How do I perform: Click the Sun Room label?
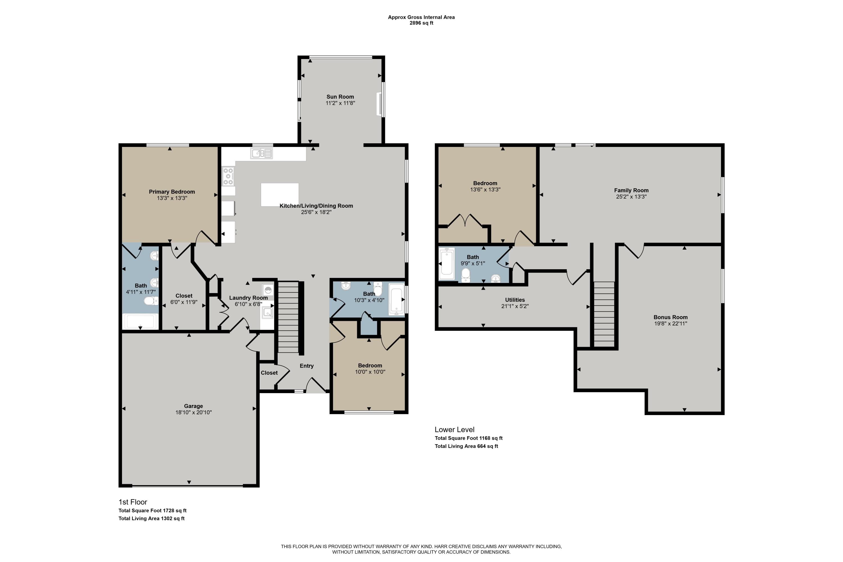click(340, 97)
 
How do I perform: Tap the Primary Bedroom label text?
click(172, 192)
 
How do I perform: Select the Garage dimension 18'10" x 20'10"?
click(194, 413)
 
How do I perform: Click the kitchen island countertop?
click(280, 195)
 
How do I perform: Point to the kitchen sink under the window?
click(262, 153)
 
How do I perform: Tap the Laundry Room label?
click(248, 298)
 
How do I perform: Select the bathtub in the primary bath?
click(140, 321)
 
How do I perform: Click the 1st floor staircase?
click(288, 317)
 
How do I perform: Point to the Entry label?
click(307, 366)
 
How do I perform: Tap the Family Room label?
click(631, 190)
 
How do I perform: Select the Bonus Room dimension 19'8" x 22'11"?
click(670, 324)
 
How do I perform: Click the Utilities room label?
click(515, 300)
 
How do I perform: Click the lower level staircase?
click(604, 314)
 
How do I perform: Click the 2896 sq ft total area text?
click(422, 23)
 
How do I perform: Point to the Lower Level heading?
click(454, 429)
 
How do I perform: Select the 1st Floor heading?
click(133, 502)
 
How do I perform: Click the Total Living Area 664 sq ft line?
click(466, 446)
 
